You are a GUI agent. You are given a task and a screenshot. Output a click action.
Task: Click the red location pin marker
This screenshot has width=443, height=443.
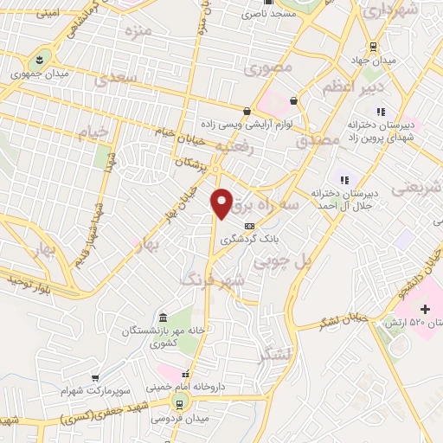click(x=222, y=202)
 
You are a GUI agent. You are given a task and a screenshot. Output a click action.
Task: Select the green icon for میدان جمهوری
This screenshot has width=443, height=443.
click(x=39, y=61)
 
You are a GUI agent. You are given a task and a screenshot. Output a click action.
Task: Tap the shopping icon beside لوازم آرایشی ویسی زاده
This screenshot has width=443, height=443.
click(x=248, y=111)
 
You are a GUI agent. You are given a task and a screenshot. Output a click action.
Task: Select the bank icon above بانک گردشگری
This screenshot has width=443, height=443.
click(x=249, y=227)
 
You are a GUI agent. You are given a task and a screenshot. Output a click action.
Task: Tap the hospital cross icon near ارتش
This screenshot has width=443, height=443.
click(x=425, y=308)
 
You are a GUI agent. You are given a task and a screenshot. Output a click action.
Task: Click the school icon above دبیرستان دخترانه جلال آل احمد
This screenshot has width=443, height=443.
click(x=343, y=179)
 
